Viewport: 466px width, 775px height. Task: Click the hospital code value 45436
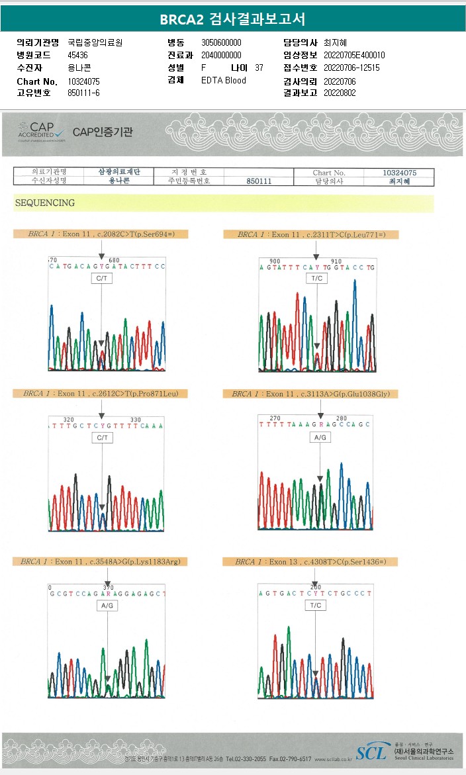click(x=78, y=55)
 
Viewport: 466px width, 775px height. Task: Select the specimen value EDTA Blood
click(x=224, y=81)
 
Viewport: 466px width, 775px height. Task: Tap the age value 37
click(x=259, y=68)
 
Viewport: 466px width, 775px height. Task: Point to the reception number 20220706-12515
click(x=351, y=68)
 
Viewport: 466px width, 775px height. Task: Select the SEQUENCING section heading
click(x=45, y=203)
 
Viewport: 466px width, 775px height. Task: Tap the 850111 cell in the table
click(x=259, y=181)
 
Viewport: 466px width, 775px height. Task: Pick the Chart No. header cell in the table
click(x=329, y=173)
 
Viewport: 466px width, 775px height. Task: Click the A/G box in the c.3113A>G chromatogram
click(x=320, y=438)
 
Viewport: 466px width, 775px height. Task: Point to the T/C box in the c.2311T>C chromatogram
click(x=316, y=279)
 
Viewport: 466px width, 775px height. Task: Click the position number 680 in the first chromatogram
click(x=114, y=260)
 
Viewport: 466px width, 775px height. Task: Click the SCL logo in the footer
click(x=371, y=752)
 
